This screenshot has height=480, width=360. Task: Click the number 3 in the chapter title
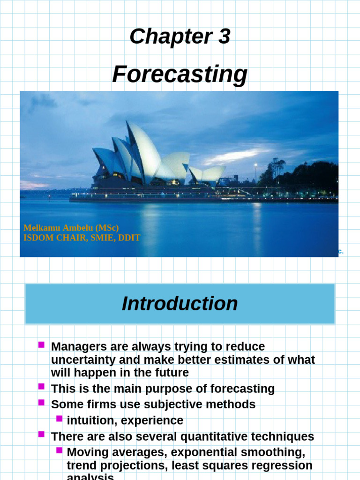(x=224, y=37)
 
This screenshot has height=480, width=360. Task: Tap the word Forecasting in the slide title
(x=180, y=74)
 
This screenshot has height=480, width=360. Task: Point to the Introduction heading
(x=180, y=304)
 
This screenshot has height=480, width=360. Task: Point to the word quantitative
(x=214, y=436)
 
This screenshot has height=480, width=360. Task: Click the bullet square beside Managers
(x=41, y=345)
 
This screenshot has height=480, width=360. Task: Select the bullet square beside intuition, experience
(x=59, y=418)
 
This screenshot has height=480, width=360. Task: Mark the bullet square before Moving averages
(x=59, y=450)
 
